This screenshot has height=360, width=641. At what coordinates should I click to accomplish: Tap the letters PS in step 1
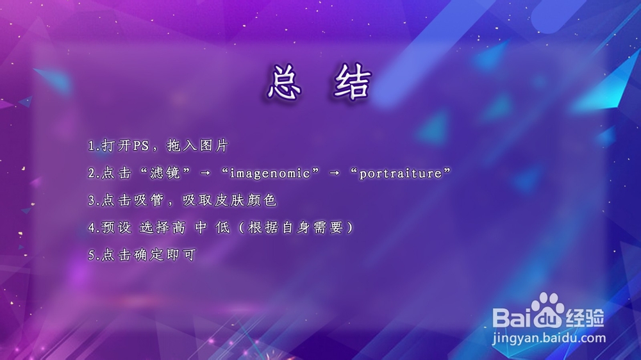(140, 146)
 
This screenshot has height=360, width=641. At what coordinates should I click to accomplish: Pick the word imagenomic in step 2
(266, 174)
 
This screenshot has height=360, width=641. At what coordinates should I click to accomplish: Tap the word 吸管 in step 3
(147, 200)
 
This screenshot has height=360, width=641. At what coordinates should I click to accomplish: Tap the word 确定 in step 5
(147, 255)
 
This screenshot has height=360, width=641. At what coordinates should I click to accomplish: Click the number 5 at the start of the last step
(91, 255)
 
